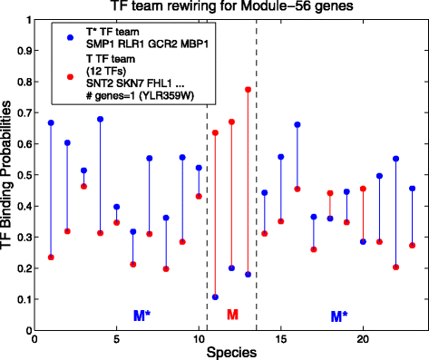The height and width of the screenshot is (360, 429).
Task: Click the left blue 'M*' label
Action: [x=141, y=315]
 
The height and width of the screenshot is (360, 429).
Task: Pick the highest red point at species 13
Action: [x=249, y=90]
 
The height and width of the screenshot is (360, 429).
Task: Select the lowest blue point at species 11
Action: [x=215, y=297]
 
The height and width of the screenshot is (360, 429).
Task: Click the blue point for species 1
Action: [x=51, y=122]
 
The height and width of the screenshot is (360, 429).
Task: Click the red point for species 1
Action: [x=51, y=258]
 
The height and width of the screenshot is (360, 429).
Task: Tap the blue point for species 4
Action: [x=100, y=119]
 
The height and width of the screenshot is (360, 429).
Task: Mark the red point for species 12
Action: [x=231, y=122]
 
